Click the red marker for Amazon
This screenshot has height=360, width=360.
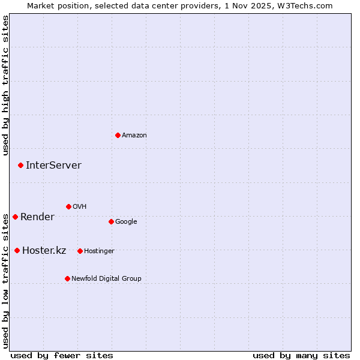click(118, 135)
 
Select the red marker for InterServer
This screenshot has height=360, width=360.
click(20, 165)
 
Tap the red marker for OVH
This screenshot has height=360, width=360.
click(68, 206)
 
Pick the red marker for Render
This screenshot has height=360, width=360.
click(15, 217)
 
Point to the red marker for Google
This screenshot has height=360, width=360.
click(111, 221)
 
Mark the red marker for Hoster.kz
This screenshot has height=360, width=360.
click(17, 250)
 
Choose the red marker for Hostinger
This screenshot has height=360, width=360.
click(80, 251)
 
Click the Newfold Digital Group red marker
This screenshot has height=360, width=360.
click(67, 278)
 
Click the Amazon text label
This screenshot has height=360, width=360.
click(134, 135)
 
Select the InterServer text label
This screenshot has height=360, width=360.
click(53, 165)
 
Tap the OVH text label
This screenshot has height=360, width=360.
click(79, 206)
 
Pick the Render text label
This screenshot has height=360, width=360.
click(37, 217)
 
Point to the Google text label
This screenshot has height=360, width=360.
click(126, 221)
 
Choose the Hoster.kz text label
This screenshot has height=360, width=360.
click(44, 250)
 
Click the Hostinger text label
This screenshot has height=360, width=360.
click(99, 251)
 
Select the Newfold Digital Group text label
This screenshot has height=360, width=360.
click(106, 278)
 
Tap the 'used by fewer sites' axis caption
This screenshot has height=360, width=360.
click(62, 355)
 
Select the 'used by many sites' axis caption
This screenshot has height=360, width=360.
click(301, 355)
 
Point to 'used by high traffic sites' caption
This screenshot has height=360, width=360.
click(5, 85)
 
